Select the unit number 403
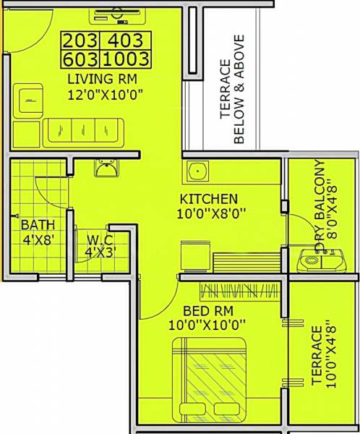click(x=129, y=41)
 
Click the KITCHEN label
click(x=209, y=198)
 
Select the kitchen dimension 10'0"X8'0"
click(x=209, y=213)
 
